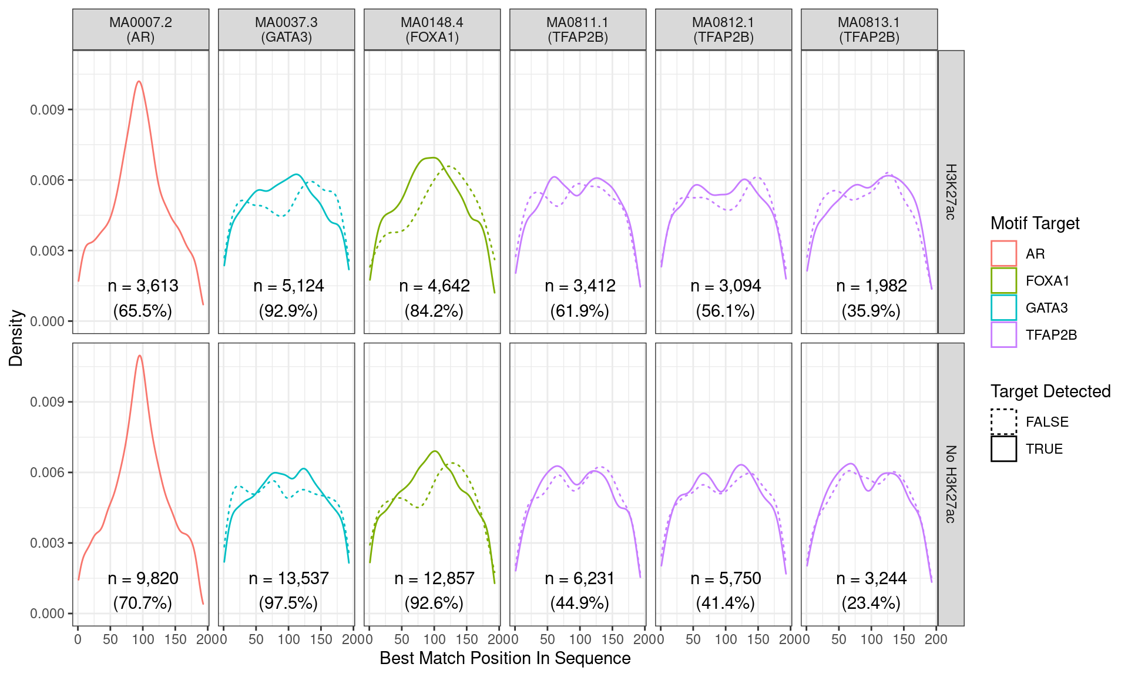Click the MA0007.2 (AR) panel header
pyautogui.click(x=140, y=29)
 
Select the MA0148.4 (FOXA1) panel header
pyautogui.click(x=432, y=29)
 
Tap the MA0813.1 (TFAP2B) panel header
pyautogui.click(x=869, y=29)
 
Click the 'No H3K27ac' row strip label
pyautogui.click(x=951, y=484)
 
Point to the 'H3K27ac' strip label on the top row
pyautogui.click(x=951, y=192)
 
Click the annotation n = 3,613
pyautogui.click(x=143, y=286)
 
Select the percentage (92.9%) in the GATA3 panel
pyautogui.click(x=288, y=311)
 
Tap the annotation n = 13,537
pyautogui.click(x=288, y=578)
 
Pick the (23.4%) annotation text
pyautogui.click(x=871, y=603)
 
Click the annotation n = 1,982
pyautogui.click(x=871, y=286)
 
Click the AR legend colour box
pyautogui.click(x=1003, y=253)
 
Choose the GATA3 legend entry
pyautogui.click(x=1046, y=308)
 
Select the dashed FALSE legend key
pyautogui.click(x=1003, y=421)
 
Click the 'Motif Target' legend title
pyautogui.click(x=1035, y=223)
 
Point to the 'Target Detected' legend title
pyautogui.click(x=1050, y=391)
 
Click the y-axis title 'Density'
pyautogui.click(x=16, y=338)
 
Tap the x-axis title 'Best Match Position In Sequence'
pyautogui.click(x=505, y=658)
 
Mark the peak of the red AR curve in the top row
pyautogui.click(x=139, y=82)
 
